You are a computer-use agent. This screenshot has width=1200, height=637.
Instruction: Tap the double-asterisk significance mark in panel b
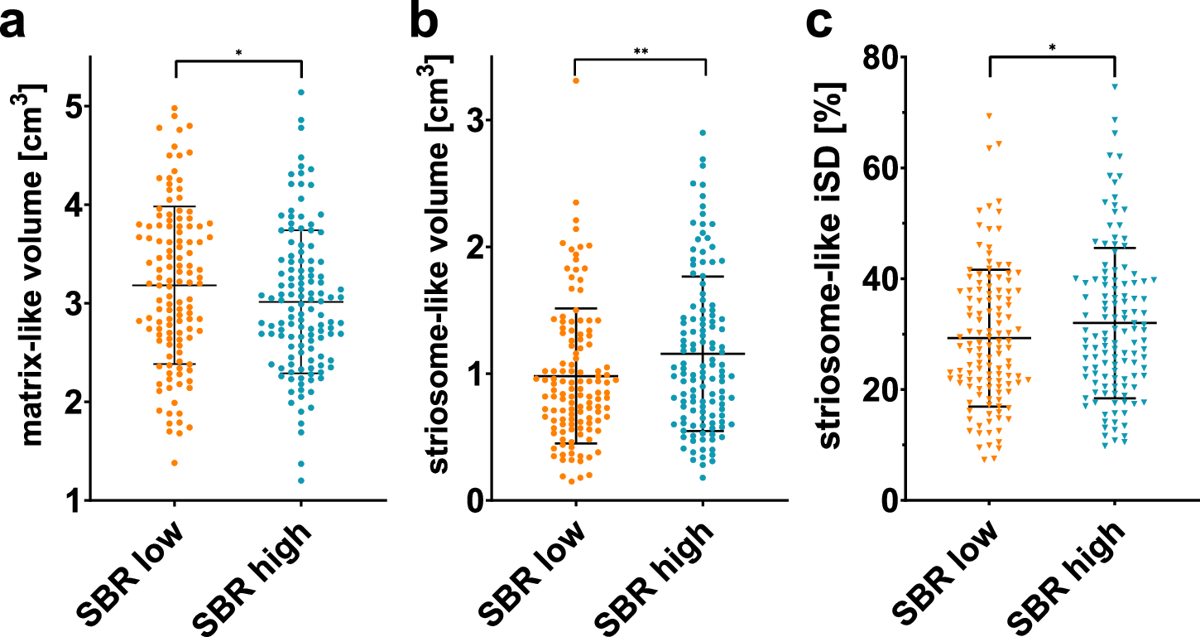point(641,52)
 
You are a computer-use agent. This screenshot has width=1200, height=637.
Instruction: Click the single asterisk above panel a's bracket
point(238,54)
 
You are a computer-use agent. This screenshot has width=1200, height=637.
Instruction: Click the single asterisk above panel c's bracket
point(1052,48)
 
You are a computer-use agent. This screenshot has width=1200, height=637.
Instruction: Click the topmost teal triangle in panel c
point(1115,86)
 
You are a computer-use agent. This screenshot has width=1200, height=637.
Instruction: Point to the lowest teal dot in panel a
point(300,480)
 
